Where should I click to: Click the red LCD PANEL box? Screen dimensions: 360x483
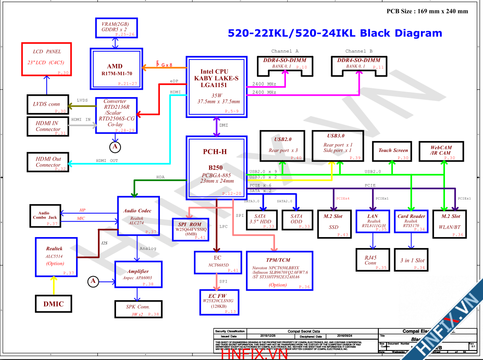coord(47,59)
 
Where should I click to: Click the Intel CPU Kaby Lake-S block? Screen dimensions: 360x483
coord(216,86)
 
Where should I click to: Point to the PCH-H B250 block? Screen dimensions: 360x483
coord(216,167)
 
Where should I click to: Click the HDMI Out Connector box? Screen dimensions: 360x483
coord(48,162)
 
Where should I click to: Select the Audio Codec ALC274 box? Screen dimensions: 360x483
coord(138,216)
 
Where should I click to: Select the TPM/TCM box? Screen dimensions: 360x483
coord(278,271)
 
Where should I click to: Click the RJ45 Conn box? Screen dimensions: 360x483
coord(371,260)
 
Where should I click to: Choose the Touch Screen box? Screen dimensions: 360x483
coord(393,151)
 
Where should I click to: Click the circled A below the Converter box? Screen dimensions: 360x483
coord(115,146)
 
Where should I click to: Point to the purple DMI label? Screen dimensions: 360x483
coord(223,125)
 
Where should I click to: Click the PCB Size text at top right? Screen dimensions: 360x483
coord(427,11)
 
